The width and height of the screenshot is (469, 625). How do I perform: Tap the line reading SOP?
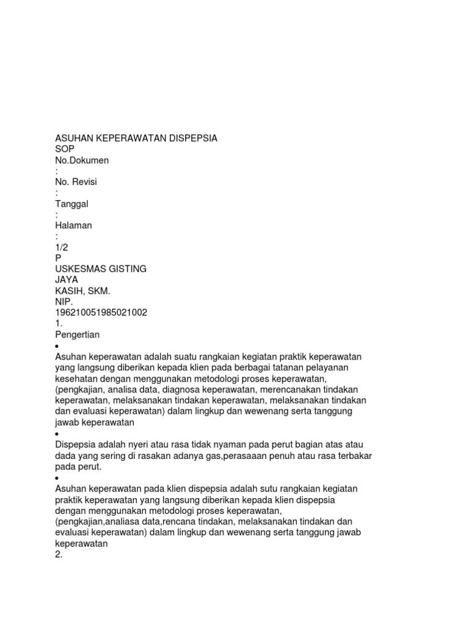(64, 150)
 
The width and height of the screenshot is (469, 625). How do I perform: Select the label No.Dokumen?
(82, 161)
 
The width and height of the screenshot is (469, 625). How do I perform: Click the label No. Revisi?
(76, 182)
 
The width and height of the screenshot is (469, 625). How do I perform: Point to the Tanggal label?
(72, 204)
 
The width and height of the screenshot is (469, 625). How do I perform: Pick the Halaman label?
(73, 225)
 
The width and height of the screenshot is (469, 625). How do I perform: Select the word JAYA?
(67, 280)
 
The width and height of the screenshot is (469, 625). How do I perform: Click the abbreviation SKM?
(99, 291)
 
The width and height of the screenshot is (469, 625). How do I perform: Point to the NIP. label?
(64, 302)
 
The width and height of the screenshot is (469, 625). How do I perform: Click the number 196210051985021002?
(101, 312)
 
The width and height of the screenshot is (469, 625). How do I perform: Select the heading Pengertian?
(78, 334)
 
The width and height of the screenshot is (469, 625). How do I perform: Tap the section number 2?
(59, 554)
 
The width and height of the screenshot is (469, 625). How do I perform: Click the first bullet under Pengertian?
(57, 345)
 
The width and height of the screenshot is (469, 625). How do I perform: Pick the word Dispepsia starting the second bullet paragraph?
(76, 444)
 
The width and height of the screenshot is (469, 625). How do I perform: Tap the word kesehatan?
(76, 378)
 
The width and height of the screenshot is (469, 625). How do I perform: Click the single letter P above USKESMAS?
(58, 258)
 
